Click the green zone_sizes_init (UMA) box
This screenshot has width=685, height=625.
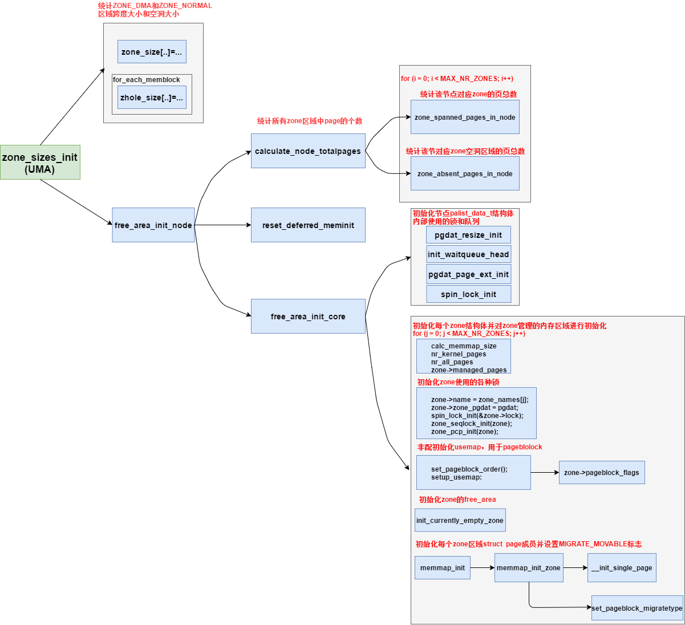pyautogui.click(x=40, y=163)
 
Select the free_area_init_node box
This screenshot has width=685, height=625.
pyautogui.click(x=153, y=225)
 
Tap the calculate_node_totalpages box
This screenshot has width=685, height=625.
pyautogui.click(x=308, y=151)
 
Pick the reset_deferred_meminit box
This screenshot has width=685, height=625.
pyautogui.click(x=308, y=225)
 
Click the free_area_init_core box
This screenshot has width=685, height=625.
pyautogui.click(x=308, y=316)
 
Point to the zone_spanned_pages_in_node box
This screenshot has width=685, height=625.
pyautogui.click(x=465, y=117)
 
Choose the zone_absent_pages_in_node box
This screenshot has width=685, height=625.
pyautogui.click(x=465, y=174)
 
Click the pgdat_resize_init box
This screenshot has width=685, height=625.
pyautogui.click(x=468, y=235)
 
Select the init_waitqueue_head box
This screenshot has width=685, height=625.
pyautogui.click(x=468, y=254)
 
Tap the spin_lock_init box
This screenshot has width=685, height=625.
pyautogui.click(x=468, y=294)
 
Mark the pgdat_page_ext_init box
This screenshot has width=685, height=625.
pyautogui.click(x=468, y=274)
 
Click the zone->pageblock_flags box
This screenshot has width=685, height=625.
pyautogui.click(x=602, y=473)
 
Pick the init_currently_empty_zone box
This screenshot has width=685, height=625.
pyautogui.click(x=460, y=521)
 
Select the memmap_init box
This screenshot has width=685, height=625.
pyautogui.click(x=443, y=568)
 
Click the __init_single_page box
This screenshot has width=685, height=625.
pyautogui.click(x=622, y=568)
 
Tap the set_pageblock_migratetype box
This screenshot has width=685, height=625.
pyautogui.click(x=637, y=608)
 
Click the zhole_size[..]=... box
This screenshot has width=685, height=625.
pyautogui.click(x=152, y=98)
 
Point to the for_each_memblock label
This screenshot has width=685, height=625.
pyautogui.click(x=147, y=80)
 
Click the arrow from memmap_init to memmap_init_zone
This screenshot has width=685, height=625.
pyautogui.click(x=482, y=568)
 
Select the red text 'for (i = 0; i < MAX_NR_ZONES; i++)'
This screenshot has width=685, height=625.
pyautogui.click(x=457, y=79)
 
